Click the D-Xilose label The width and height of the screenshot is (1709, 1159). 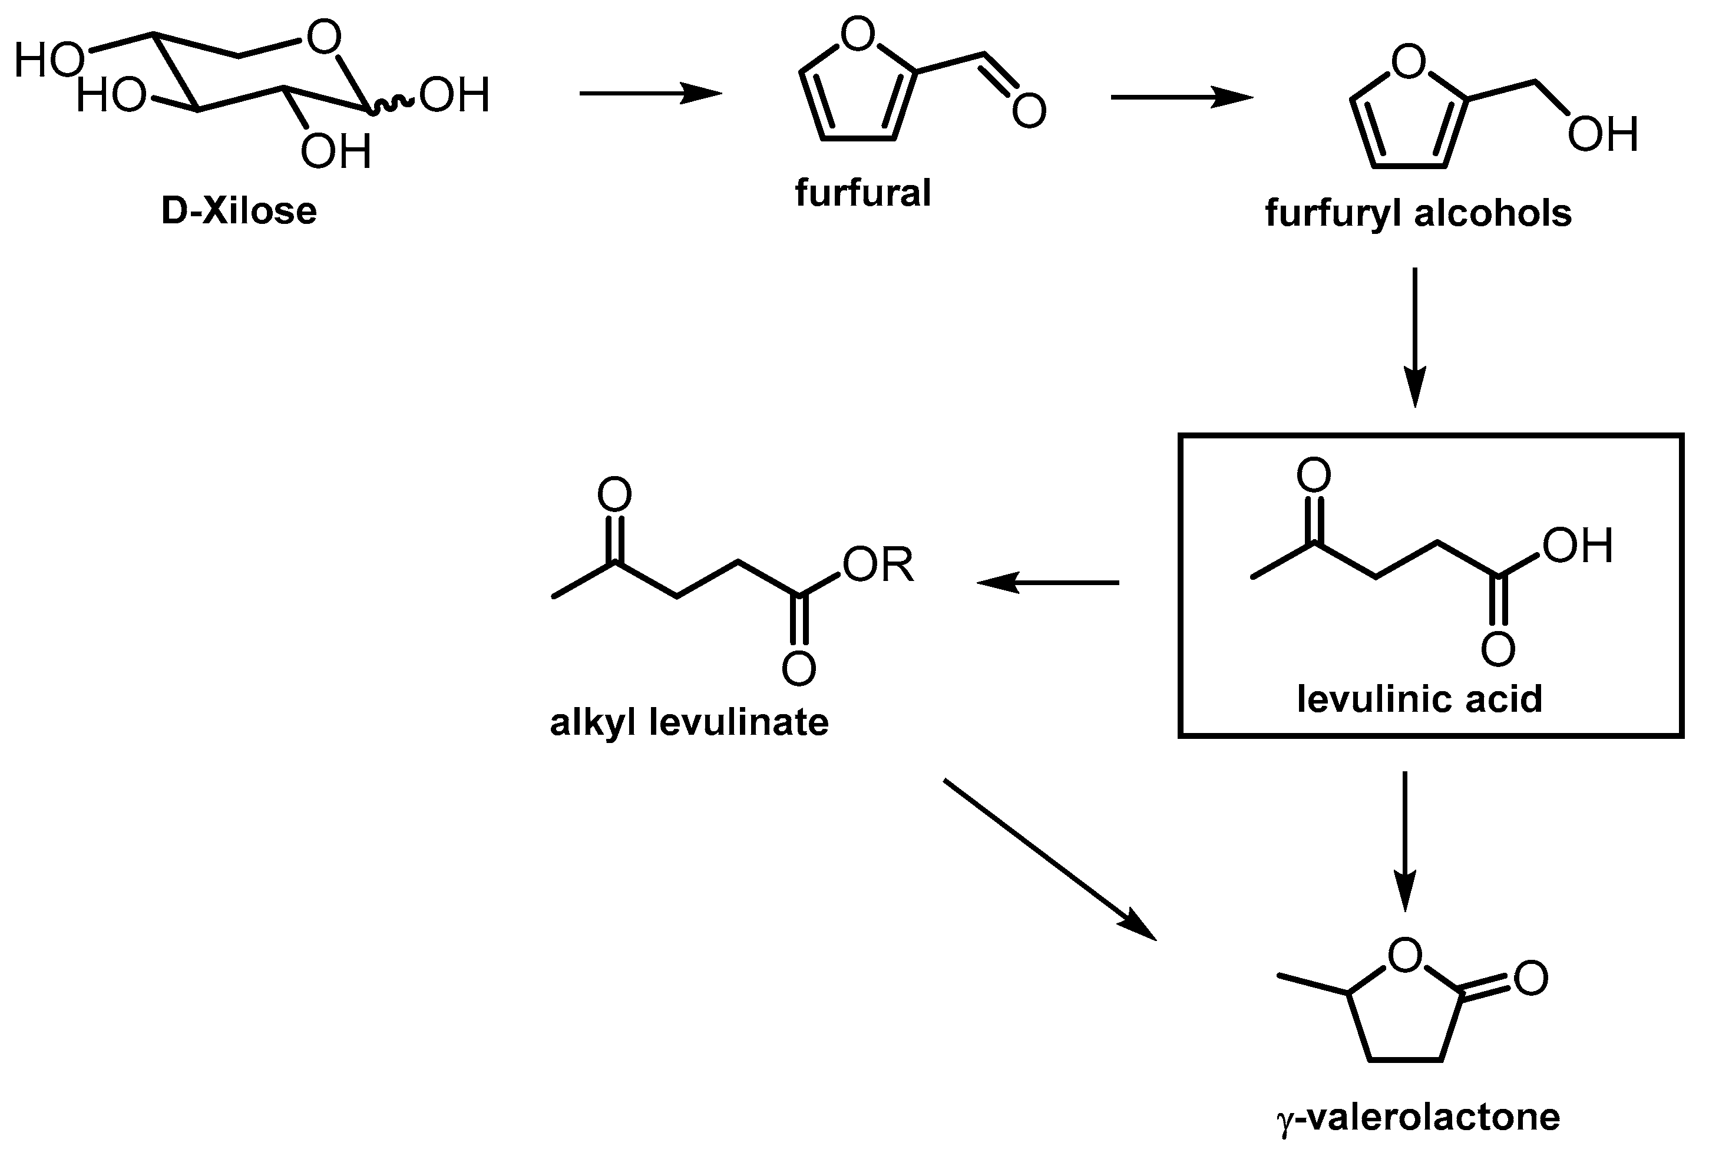pyautogui.click(x=239, y=212)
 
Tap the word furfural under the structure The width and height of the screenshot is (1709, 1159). pyautogui.click(x=862, y=193)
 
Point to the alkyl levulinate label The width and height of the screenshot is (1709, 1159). pyautogui.click(x=689, y=722)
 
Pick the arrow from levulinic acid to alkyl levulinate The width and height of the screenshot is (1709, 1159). pyautogui.click(x=1047, y=582)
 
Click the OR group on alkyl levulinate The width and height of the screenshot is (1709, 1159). pyautogui.click(x=878, y=566)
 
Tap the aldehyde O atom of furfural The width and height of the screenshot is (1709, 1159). pyautogui.click(x=1029, y=110)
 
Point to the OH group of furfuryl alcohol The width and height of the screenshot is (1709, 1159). pyautogui.click(x=1602, y=134)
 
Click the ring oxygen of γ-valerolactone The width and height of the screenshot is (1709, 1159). pyautogui.click(x=1405, y=955)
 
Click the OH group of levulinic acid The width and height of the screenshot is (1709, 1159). pyautogui.click(x=1578, y=546)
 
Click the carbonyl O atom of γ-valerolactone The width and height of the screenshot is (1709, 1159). pyautogui.click(x=1531, y=978)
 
